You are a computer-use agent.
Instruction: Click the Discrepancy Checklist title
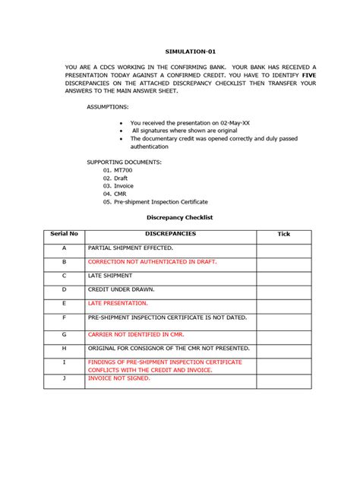tap(179, 217)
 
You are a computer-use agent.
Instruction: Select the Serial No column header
tap(65, 234)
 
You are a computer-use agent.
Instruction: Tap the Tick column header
tap(283, 234)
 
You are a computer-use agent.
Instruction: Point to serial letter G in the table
tap(65, 334)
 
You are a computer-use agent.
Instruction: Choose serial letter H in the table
tap(65, 348)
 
